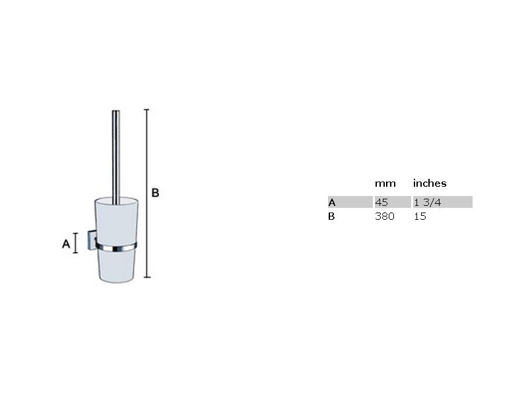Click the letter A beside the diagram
66,244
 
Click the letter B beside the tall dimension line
155,193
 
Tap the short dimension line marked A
76,243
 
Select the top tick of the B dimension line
147,110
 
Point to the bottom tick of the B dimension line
147,277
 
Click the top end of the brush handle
116,111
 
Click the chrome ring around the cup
116,247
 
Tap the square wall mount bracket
92,240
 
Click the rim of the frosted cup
116,200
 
